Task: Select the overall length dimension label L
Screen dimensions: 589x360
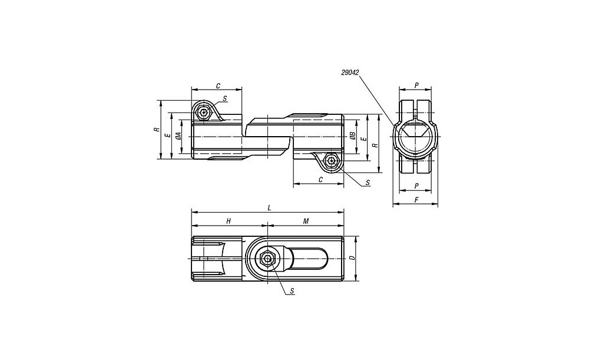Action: (x=269, y=207)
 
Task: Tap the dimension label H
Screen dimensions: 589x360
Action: (x=229, y=221)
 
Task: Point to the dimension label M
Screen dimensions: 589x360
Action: (x=306, y=221)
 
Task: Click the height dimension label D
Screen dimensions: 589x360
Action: (x=352, y=258)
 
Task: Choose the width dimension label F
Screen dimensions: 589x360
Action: (x=416, y=200)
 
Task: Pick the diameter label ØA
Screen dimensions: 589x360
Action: (x=180, y=136)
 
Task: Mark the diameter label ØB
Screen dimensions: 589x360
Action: (x=352, y=136)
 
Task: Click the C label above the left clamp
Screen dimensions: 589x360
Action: (x=218, y=86)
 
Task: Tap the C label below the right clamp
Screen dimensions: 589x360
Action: (x=320, y=180)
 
